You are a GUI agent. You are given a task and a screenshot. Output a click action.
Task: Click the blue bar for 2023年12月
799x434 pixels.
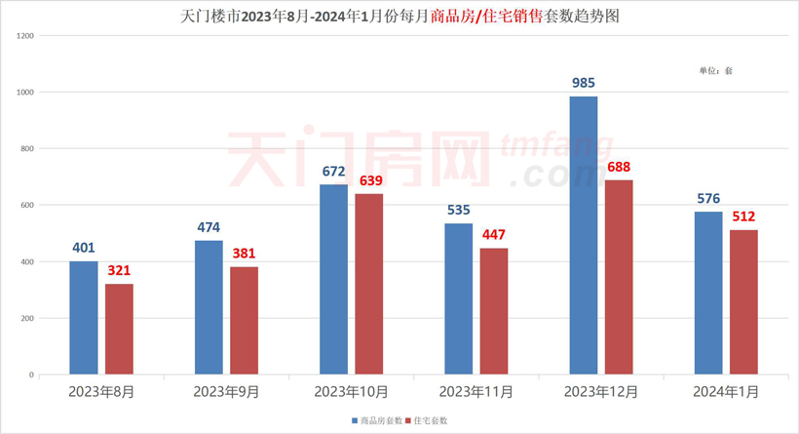pyautogui.click(x=584, y=235)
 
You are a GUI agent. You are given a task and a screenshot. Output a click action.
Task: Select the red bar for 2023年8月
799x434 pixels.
pyautogui.click(x=119, y=329)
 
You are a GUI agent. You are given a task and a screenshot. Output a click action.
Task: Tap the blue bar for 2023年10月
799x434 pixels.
pyautogui.click(x=333, y=279)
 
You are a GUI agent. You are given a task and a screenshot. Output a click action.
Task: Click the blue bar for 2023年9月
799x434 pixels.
pyautogui.click(x=209, y=307)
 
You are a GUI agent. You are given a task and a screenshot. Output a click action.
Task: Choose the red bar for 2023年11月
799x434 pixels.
pyautogui.click(x=494, y=311)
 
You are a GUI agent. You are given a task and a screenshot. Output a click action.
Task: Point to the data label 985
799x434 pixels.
pyautogui.click(x=584, y=84)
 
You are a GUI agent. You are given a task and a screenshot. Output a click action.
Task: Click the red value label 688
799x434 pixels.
pyautogui.click(x=619, y=168)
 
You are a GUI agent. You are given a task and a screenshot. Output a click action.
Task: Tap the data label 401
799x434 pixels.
pyautogui.click(x=84, y=249)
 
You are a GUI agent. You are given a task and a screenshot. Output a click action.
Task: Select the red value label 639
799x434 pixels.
pyautogui.click(x=369, y=181)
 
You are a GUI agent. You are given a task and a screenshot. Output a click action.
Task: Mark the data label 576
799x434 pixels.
pyautogui.click(x=708, y=199)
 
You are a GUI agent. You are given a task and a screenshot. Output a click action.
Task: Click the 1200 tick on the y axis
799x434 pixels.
pyautogui.click(x=25, y=36)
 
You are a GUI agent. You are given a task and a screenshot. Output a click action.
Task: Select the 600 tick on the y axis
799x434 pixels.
pyautogui.click(x=27, y=206)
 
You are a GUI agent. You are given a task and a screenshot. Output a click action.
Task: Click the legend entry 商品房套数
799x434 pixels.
pyautogui.click(x=377, y=420)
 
